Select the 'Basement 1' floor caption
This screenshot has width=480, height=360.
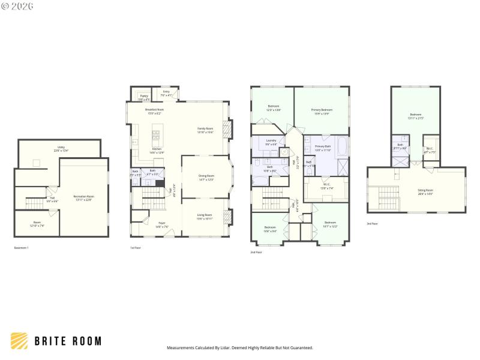pyautogui.click(x=22, y=248)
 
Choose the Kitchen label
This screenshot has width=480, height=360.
pyautogui.click(x=156, y=150)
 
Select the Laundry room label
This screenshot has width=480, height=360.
pyautogui.click(x=271, y=142)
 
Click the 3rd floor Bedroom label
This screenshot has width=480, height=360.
pyautogui.click(x=416, y=116)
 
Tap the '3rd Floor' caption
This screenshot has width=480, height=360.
pyautogui.click(x=373, y=223)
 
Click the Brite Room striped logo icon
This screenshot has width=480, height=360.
pyautogui.click(x=19, y=341)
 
